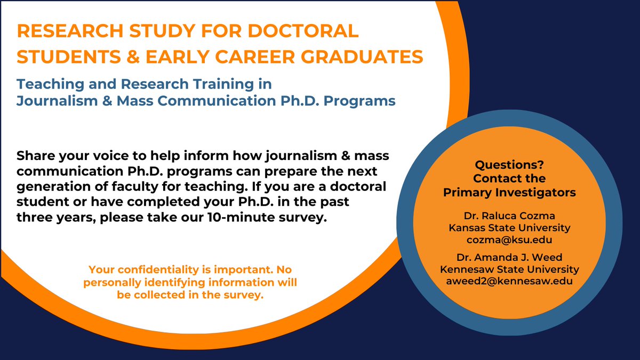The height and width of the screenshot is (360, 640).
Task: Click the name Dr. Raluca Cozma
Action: point(509,216)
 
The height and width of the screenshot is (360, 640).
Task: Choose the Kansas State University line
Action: point(509,228)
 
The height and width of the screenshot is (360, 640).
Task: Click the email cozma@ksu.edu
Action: point(509,239)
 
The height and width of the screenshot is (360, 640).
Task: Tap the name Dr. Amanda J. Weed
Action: point(509,258)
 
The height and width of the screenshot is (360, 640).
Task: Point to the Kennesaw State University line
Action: point(509,269)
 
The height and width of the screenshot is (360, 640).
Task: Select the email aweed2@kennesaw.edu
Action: point(509,281)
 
